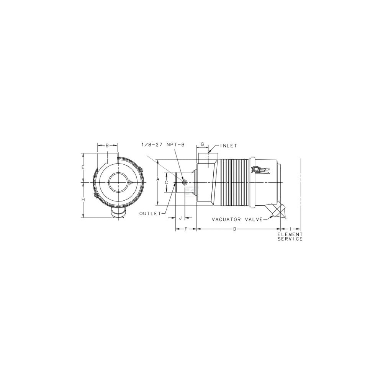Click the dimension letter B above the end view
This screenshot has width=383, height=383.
pyautogui.click(x=107, y=146)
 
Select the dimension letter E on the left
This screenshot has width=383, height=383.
pyautogui.click(x=83, y=167)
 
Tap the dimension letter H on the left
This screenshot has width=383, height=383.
pyautogui.click(x=83, y=200)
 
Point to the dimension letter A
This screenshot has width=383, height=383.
pyautogui.click(x=158, y=179)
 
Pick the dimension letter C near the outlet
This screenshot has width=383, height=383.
pyautogui.click(x=166, y=182)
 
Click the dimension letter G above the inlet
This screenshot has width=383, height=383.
pyautogui.click(x=202, y=144)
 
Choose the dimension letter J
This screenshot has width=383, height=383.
pyautogui.click(x=180, y=218)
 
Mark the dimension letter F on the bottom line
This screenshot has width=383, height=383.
pyautogui.click(x=186, y=229)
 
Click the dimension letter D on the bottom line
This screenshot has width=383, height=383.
pyautogui.click(x=235, y=229)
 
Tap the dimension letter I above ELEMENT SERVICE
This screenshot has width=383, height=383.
pyautogui.click(x=290, y=229)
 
